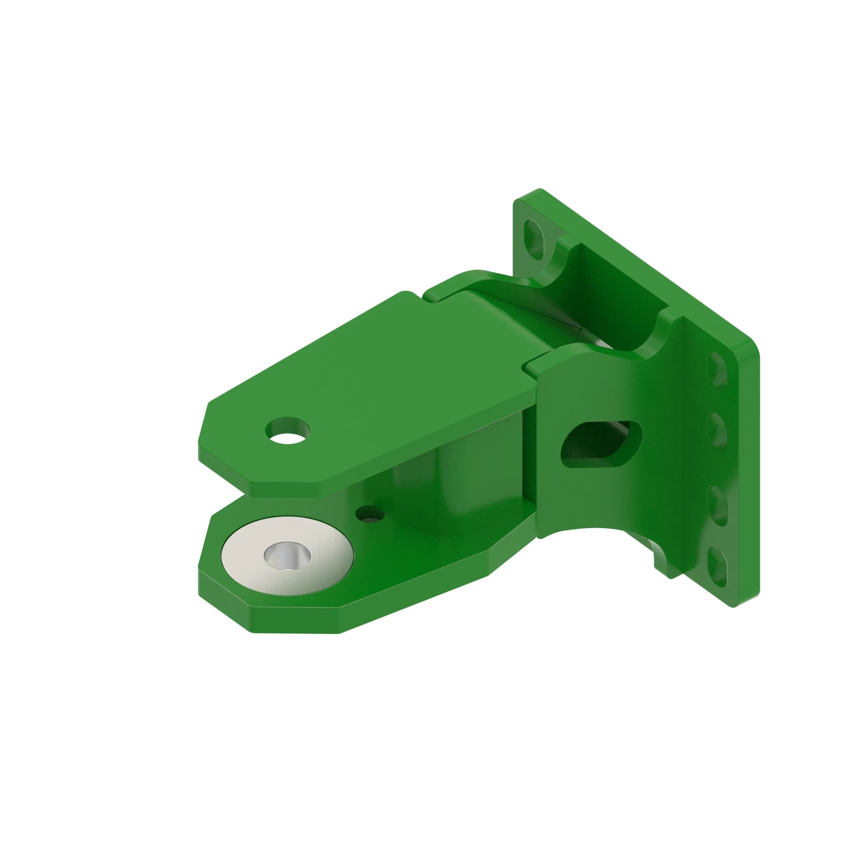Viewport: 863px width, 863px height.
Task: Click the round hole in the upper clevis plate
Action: tap(287, 431)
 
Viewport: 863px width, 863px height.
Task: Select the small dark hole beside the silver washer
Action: tap(370, 514)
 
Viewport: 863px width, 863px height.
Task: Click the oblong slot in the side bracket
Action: tap(601, 444)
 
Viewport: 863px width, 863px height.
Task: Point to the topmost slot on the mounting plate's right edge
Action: tap(718, 369)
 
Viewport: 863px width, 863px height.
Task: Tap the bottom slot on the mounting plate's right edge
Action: tap(718, 566)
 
